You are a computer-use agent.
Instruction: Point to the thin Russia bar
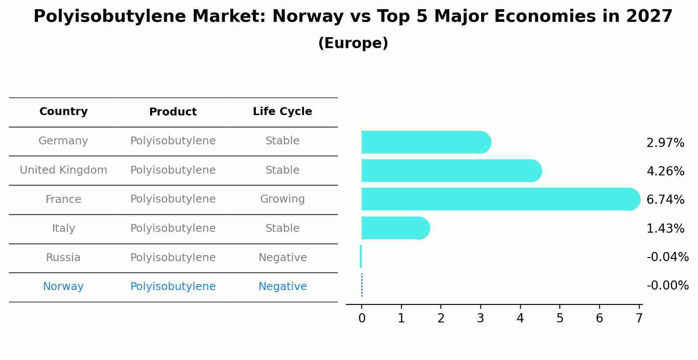(x=361, y=256)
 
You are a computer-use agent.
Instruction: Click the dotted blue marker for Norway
(x=362, y=285)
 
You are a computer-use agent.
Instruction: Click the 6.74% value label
(x=665, y=200)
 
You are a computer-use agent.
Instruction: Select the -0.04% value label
(x=667, y=257)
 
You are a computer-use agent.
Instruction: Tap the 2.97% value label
(x=665, y=143)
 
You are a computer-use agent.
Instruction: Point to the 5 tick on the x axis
(x=560, y=318)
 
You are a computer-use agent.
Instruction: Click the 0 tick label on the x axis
(x=362, y=318)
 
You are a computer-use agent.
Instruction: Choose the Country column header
(x=63, y=112)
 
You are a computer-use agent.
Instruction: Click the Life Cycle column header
(x=282, y=112)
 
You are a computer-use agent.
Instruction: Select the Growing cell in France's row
(x=282, y=199)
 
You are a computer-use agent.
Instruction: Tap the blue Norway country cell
(x=63, y=287)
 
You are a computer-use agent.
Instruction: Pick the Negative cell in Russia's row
(x=282, y=258)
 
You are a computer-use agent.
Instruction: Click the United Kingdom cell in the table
(x=63, y=170)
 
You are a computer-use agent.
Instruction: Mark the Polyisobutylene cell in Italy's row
(x=173, y=228)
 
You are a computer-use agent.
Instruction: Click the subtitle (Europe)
(x=353, y=43)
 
